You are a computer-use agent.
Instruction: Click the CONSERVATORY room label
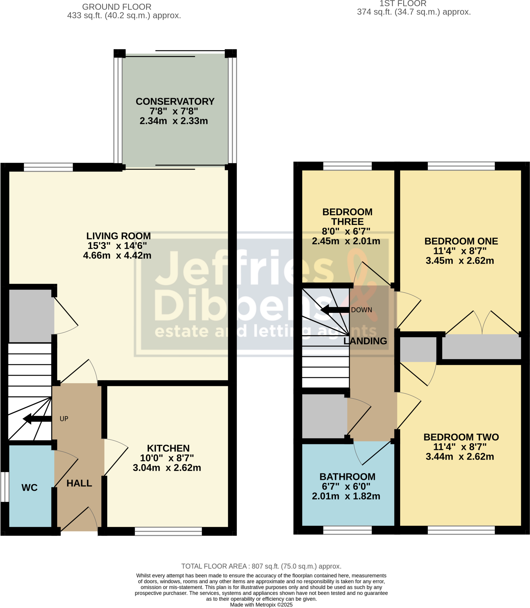point(175,102)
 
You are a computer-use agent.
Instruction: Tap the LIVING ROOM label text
point(119,236)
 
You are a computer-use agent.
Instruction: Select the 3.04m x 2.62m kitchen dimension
point(167,468)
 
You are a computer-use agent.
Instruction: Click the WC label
point(29,487)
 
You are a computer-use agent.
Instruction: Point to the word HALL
point(79,483)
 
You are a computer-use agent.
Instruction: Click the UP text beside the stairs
point(64,419)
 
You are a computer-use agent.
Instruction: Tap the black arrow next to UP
point(37,419)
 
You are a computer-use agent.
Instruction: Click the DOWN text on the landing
point(361,310)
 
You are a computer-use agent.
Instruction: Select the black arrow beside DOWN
point(335,310)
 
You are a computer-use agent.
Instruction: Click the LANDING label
point(365,341)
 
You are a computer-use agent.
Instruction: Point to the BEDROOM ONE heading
point(461,241)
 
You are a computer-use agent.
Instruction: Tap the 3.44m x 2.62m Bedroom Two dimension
point(460,456)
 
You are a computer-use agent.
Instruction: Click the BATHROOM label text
point(347,476)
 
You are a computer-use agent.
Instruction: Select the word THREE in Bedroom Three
point(347,221)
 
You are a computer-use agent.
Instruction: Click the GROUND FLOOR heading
point(117,7)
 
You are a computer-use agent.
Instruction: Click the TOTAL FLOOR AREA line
point(261,566)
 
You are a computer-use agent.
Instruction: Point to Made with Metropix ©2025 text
point(261,605)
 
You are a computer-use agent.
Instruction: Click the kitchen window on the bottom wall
point(168,531)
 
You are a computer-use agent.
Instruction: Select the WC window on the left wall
point(4,487)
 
